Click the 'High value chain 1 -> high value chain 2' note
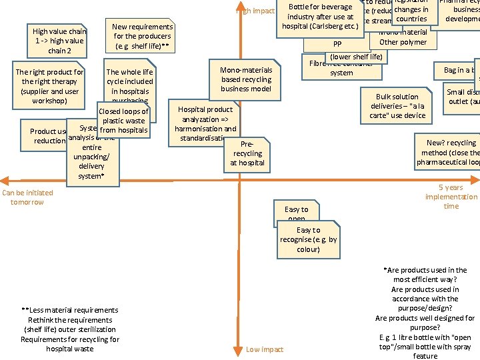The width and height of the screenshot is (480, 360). [59, 41]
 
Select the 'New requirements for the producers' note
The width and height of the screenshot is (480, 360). [142, 37]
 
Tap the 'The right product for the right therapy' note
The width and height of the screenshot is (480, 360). [50, 87]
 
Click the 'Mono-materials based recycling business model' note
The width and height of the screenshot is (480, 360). [246, 79]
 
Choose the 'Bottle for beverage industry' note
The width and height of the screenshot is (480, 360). [320, 17]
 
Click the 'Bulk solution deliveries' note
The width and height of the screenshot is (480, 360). [397, 106]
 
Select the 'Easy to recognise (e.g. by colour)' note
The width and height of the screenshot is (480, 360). [308, 240]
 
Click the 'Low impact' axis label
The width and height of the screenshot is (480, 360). [265, 349]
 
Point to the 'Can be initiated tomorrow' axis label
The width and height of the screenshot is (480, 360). [27, 197]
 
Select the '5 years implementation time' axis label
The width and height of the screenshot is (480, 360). [451, 197]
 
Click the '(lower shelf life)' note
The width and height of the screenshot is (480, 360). [356, 57]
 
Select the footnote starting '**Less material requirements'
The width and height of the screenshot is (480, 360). [70, 329]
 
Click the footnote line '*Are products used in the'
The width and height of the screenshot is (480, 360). [425, 270]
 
